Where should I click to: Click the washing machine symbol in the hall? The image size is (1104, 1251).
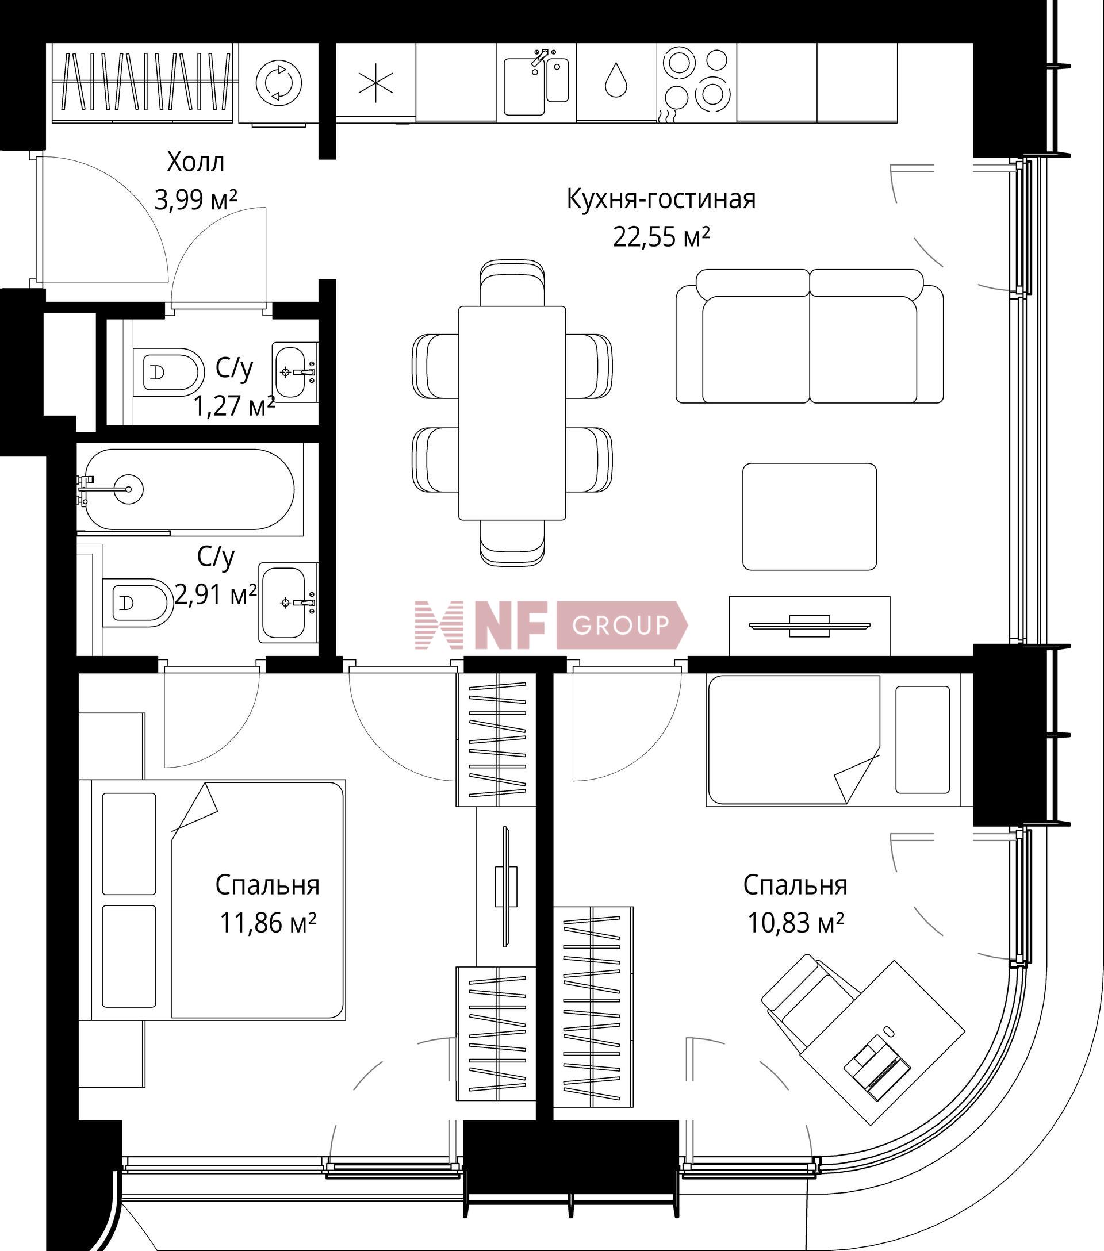(x=278, y=82)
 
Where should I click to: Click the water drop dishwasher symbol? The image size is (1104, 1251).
(x=616, y=81)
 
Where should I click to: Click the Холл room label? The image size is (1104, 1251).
(x=196, y=162)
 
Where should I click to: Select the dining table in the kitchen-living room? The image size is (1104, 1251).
(x=512, y=413)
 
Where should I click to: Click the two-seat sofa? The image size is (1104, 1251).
(x=810, y=336)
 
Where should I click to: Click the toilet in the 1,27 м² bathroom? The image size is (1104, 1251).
(x=168, y=372)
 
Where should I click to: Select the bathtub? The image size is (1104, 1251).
(x=190, y=490)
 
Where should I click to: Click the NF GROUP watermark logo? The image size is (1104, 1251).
(x=551, y=625)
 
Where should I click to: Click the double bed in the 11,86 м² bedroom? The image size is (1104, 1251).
(x=218, y=900)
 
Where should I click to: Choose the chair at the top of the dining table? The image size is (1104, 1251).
(x=512, y=282)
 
